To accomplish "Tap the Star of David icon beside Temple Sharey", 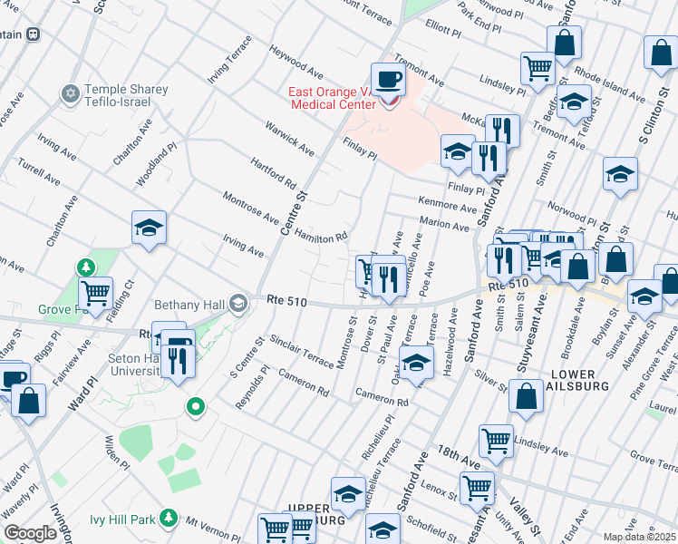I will pyautogui.click(x=70, y=93).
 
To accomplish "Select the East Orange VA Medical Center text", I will pyautogui.click(x=332, y=98).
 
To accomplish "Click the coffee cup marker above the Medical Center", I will pyautogui.click(x=388, y=79).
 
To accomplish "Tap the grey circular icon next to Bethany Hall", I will pyautogui.click(x=238, y=302).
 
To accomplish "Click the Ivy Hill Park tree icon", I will pyautogui.click(x=168, y=518).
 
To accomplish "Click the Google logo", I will pyautogui.click(x=30, y=533).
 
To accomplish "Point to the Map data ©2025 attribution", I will pyautogui.click(x=638, y=537).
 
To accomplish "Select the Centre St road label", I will pyautogui.click(x=295, y=214).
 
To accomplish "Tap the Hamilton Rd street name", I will pyautogui.click(x=320, y=236).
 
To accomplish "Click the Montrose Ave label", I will pyautogui.click(x=250, y=208).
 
